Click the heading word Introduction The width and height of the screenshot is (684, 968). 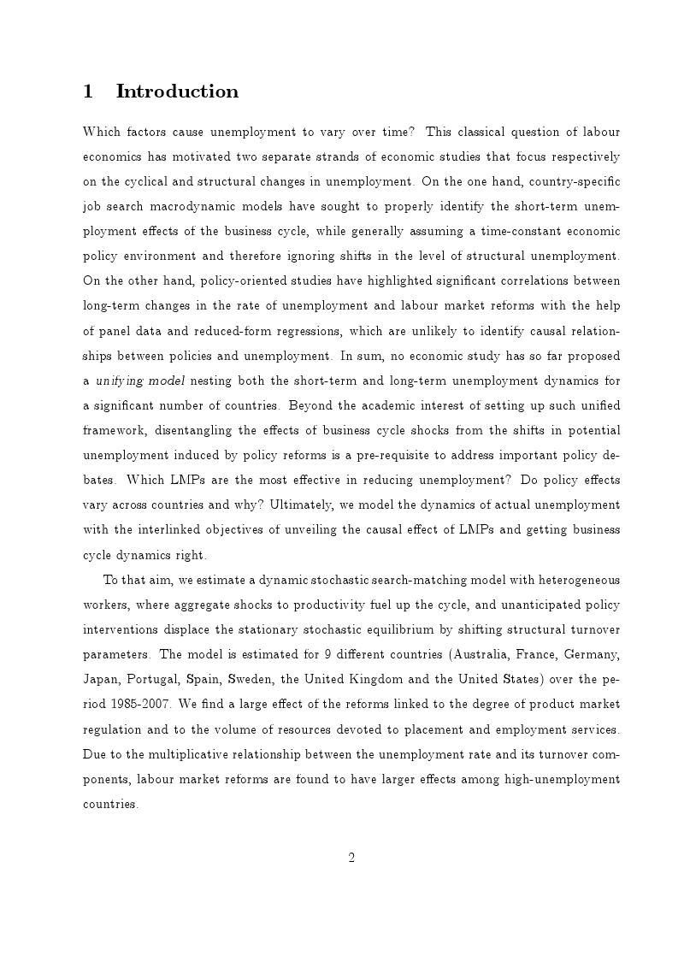tap(177, 91)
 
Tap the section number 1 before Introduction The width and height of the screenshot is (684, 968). tap(87, 91)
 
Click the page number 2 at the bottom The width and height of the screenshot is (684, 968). tap(351, 858)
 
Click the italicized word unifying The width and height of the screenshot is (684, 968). tap(120, 381)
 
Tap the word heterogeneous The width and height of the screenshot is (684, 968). tap(572, 580)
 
